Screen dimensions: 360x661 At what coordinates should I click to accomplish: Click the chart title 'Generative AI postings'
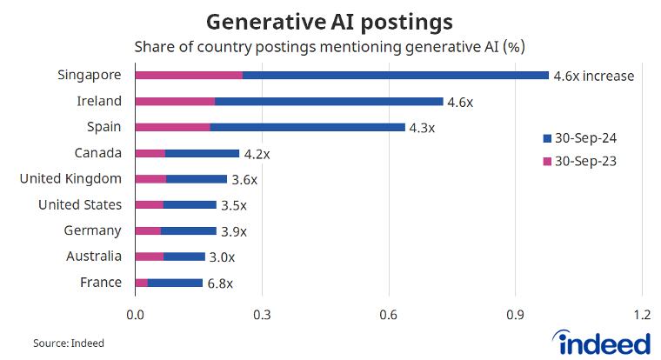coord(330,20)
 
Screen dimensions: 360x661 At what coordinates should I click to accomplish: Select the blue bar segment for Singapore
coord(396,76)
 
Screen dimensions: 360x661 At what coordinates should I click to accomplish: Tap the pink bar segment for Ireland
coord(175,102)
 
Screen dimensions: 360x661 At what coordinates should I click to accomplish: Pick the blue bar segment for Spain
coord(307,127)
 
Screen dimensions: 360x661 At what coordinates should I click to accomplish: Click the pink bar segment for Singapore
coord(189,76)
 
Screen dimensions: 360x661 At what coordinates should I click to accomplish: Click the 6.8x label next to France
coord(220,283)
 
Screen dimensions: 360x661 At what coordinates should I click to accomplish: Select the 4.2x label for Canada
coord(257,154)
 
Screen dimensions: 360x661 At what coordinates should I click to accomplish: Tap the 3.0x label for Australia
coord(222,257)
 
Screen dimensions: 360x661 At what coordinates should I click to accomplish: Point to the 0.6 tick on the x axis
coord(389,314)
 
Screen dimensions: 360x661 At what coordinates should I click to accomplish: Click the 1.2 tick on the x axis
coord(642,314)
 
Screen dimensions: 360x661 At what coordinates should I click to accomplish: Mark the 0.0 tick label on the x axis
coord(135,314)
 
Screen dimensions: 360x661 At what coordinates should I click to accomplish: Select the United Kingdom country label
coord(70,179)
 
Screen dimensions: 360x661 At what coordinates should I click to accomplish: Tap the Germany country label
coord(93,230)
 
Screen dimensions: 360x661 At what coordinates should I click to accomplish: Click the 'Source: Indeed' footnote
coord(69,343)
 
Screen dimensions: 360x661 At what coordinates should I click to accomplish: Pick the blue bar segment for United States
coord(190,205)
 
